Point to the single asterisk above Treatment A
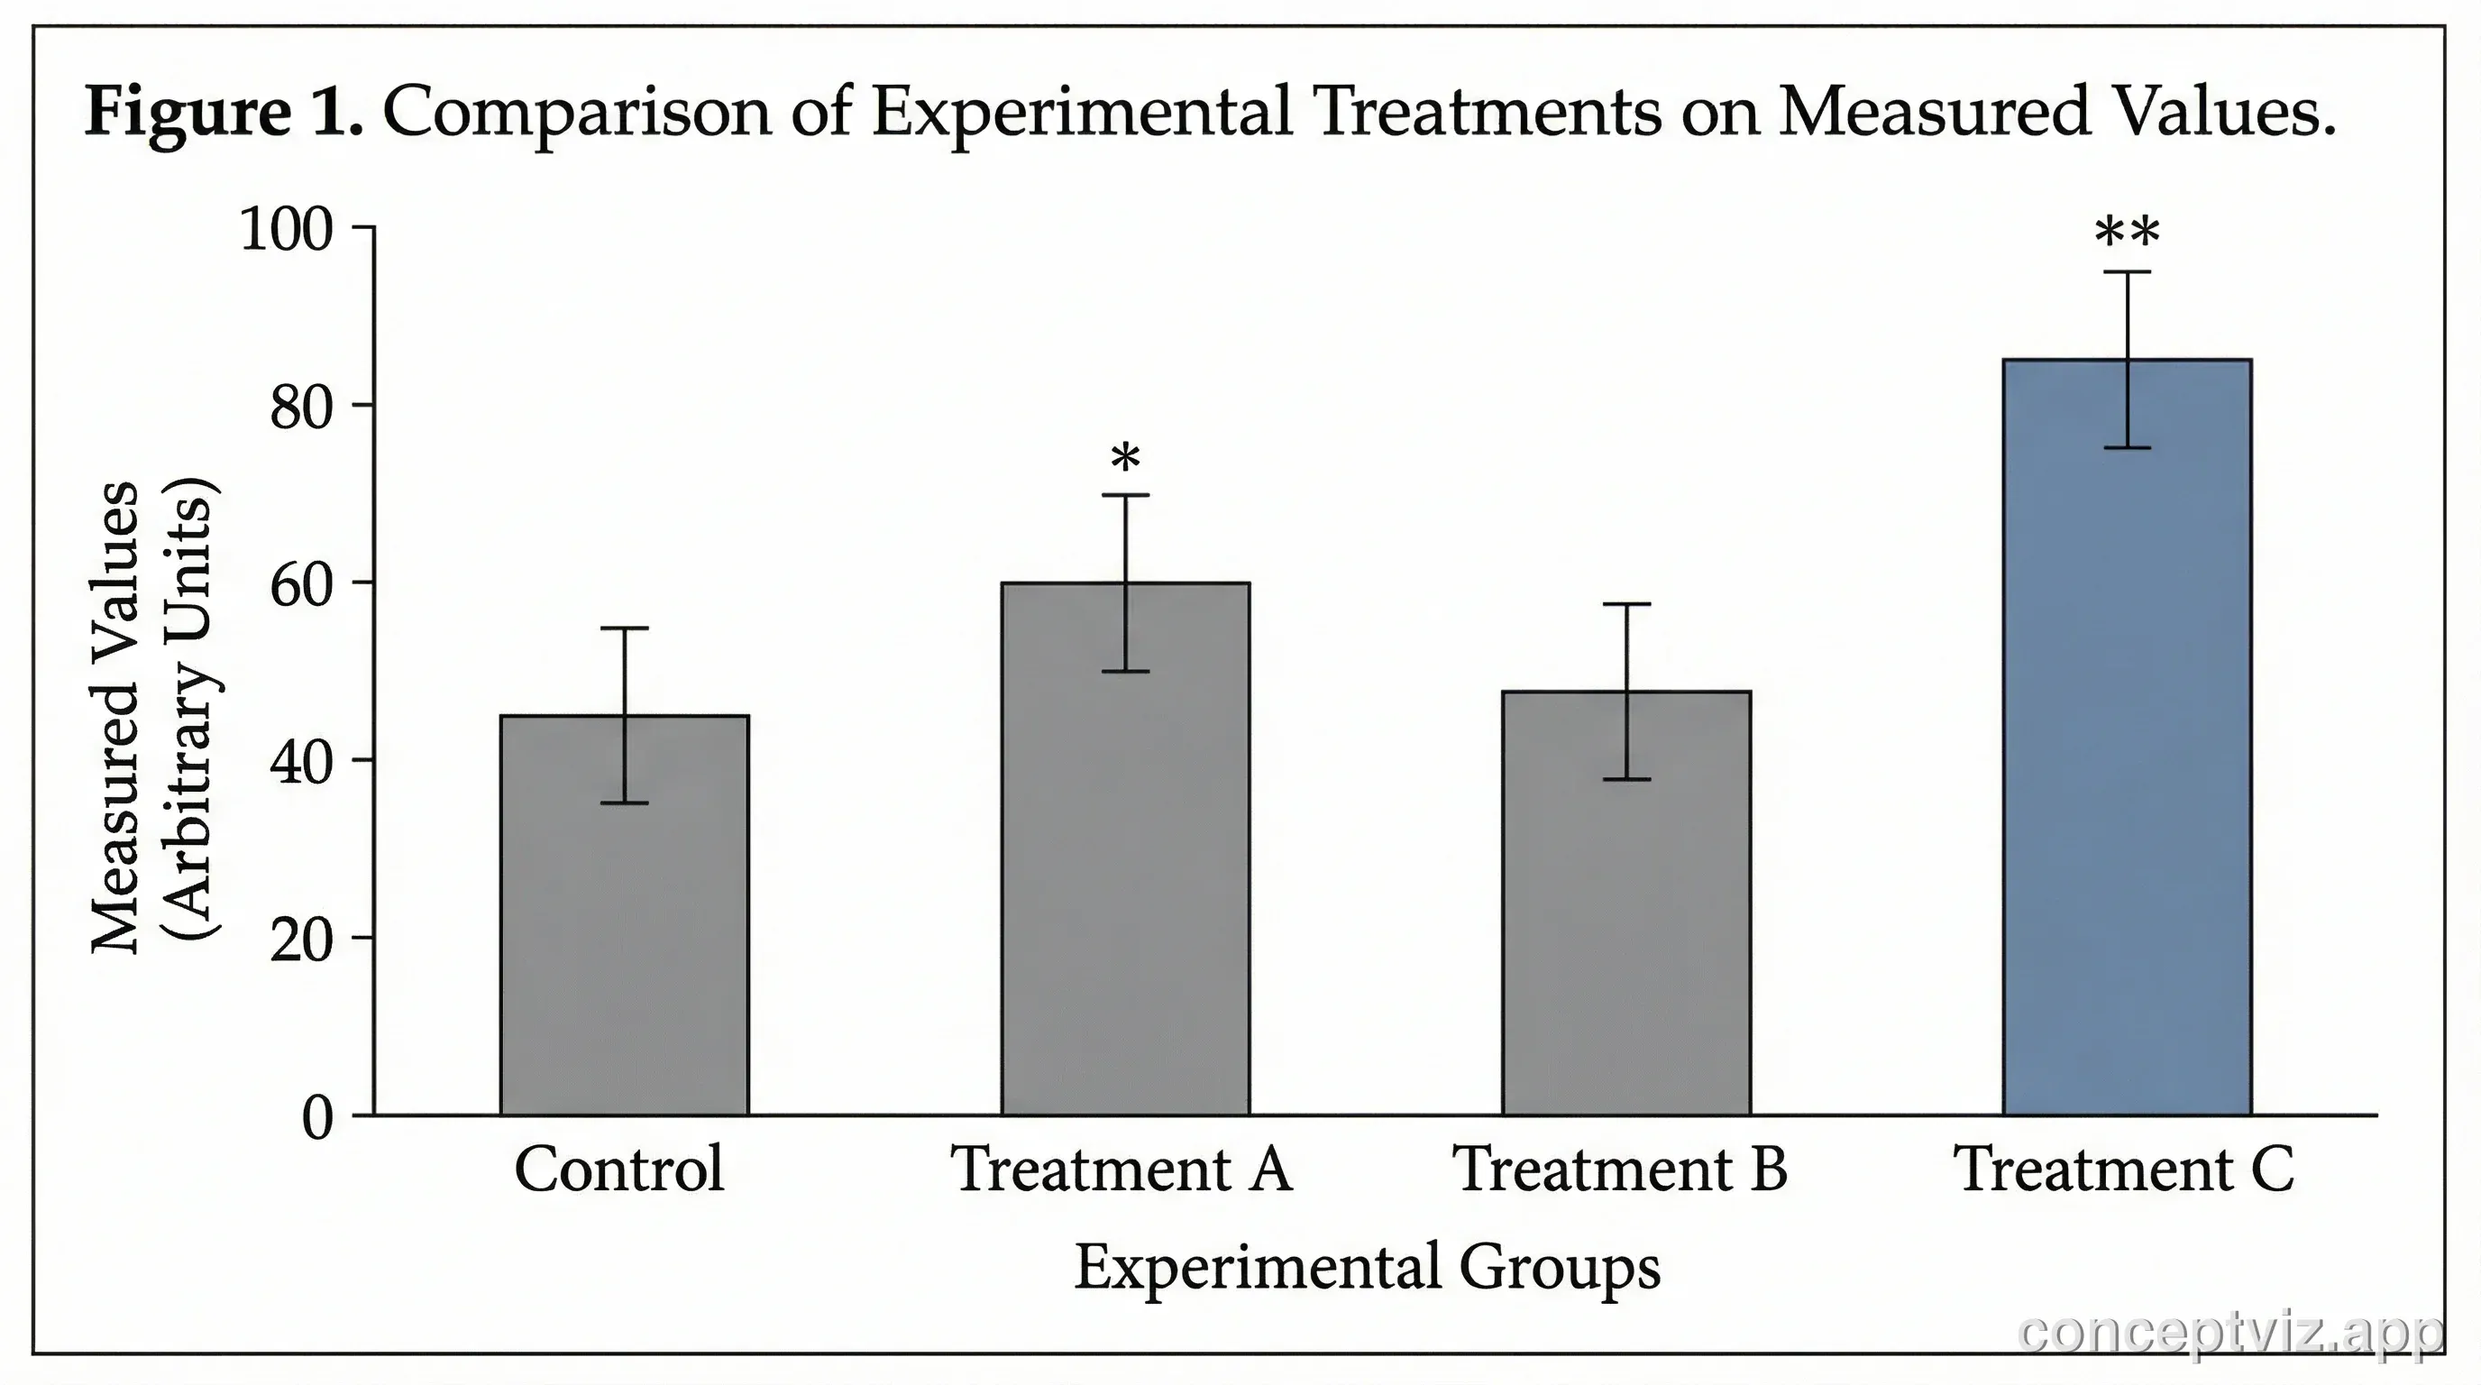click(1125, 458)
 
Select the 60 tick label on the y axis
click(300, 584)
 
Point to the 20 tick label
click(300, 940)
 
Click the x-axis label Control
click(618, 1169)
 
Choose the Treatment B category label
click(1619, 1169)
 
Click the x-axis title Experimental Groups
click(1367, 1267)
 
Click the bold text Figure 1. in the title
click(224, 112)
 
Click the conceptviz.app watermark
click(2229, 1333)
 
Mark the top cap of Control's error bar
click(624, 628)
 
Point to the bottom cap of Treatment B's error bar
click(1625, 778)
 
